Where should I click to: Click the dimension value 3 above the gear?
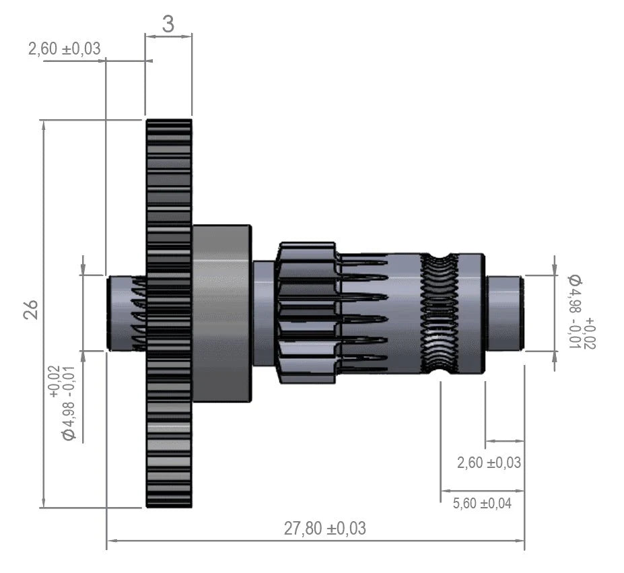[168, 24]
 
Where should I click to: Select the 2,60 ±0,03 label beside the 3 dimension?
[65, 48]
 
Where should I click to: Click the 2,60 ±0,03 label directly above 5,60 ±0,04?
[489, 463]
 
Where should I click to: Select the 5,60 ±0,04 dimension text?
[482, 502]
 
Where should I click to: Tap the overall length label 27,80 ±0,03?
[324, 528]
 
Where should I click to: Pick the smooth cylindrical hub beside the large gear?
[221, 313]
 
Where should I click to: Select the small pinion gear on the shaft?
[307, 313]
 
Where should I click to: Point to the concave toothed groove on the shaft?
[440, 313]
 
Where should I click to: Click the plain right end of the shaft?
[505, 312]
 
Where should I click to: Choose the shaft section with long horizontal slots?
[363, 313]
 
